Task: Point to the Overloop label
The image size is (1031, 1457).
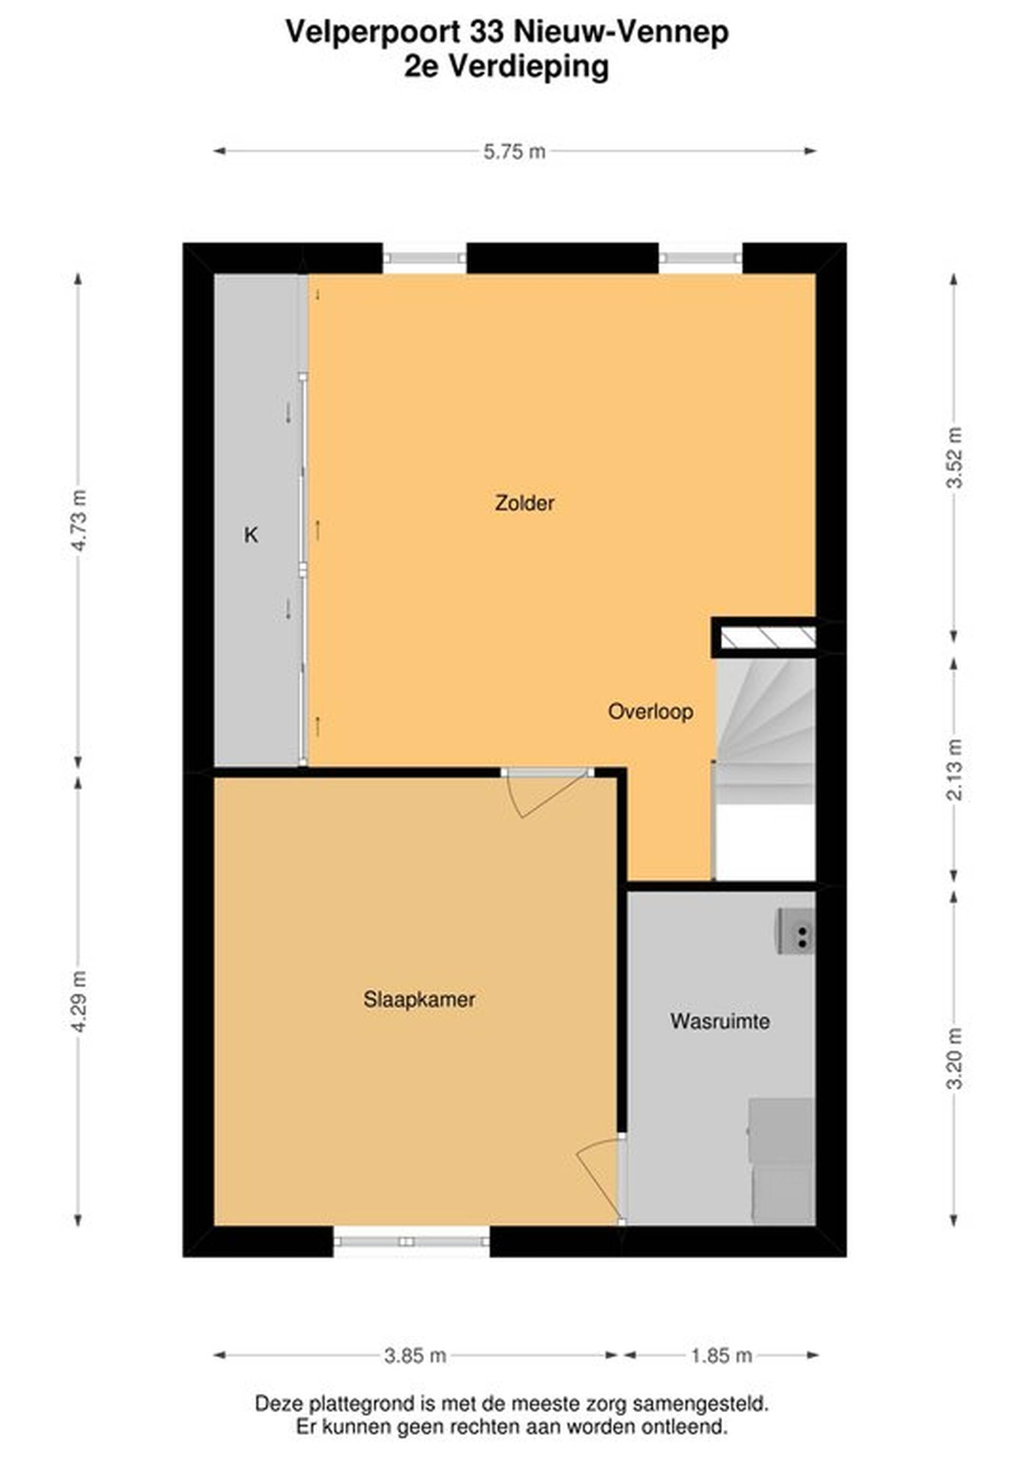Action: click(x=650, y=712)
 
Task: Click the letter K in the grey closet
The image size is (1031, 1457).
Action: click(x=251, y=536)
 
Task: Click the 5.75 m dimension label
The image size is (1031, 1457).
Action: click(x=514, y=152)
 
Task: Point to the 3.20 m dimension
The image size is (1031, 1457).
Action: click(x=954, y=1058)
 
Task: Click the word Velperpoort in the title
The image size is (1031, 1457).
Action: click(x=373, y=33)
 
